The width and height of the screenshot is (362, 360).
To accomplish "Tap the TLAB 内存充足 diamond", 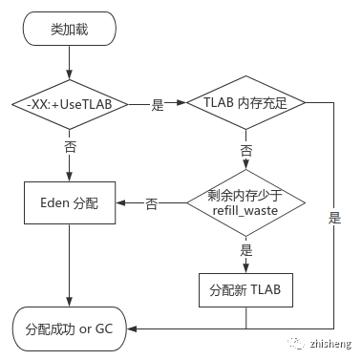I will point(245,103).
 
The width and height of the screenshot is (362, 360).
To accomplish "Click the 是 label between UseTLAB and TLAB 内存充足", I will point(158,106).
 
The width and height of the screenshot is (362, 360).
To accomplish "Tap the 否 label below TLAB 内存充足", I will point(245,151).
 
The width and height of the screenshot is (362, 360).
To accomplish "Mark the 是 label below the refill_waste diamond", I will point(245,249).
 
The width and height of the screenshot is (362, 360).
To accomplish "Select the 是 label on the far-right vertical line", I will point(334,218).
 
